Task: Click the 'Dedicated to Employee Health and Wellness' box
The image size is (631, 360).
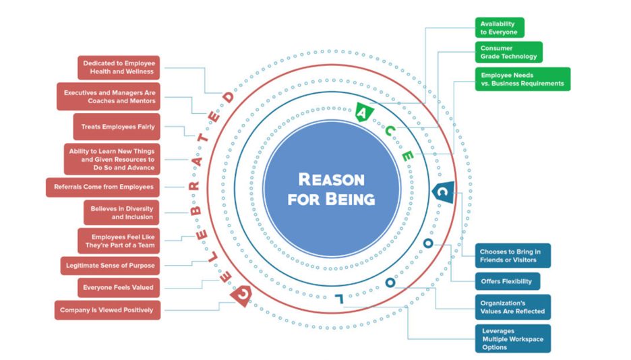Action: (119, 67)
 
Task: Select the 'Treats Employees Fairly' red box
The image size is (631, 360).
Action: (117, 127)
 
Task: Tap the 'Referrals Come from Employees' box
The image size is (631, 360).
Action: (102, 187)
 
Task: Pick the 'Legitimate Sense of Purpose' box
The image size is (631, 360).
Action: (111, 266)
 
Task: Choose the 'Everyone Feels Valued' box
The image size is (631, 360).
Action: (119, 288)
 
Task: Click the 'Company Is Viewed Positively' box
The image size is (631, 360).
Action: (107, 310)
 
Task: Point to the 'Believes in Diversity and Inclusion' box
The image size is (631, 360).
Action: (121, 213)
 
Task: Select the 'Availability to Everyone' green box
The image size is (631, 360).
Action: (500, 28)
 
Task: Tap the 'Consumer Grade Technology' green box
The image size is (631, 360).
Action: (509, 53)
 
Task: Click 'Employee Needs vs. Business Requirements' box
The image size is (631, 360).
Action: (522, 80)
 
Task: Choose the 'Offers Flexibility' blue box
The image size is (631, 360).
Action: (508, 282)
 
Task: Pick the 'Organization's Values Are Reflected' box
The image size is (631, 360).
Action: (513, 307)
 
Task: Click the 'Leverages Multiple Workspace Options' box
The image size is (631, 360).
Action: (513, 339)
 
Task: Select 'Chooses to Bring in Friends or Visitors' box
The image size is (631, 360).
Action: (513, 256)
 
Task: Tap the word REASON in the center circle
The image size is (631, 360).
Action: (331, 180)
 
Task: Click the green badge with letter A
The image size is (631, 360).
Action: (363, 112)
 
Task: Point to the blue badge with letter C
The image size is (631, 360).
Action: (443, 192)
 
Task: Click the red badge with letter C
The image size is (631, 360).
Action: (242, 295)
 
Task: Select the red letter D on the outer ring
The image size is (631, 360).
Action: (229, 97)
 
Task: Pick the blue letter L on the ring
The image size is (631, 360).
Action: (340, 299)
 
